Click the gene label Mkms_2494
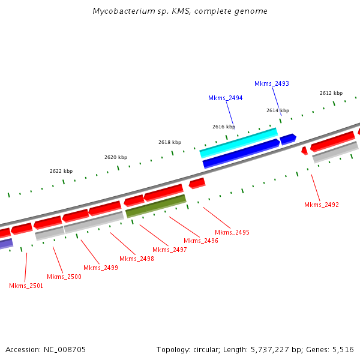tap(226, 98)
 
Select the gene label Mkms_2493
tap(272, 83)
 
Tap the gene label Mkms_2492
tap(322, 205)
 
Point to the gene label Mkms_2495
tap(232, 232)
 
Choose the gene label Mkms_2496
tap(201, 241)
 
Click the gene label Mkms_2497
tap(170, 250)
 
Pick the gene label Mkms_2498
tap(137, 259)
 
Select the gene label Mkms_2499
tap(101, 268)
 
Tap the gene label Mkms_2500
tap(64, 277)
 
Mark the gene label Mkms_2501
tap(26, 286)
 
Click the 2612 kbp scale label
tap(331, 93)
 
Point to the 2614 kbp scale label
tap(278, 110)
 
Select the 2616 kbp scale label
tap(224, 127)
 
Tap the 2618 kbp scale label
tap(170, 142)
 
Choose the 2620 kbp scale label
tap(116, 157)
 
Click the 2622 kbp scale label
tap(61, 171)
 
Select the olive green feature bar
tap(156, 206)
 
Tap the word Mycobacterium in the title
tap(119, 11)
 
